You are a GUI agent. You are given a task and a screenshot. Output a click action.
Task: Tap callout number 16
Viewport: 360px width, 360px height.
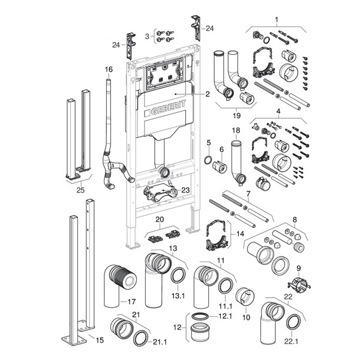(x=109, y=70)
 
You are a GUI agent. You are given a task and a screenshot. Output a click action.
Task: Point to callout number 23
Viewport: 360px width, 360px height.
(x=185, y=190)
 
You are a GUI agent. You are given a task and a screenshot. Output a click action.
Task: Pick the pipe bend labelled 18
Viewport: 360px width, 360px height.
(x=239, y=162)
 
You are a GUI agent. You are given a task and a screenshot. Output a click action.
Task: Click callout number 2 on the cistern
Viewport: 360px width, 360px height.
(x=206, y=94)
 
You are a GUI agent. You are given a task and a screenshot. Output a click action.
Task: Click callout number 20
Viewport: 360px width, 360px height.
(x=160, y=219)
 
